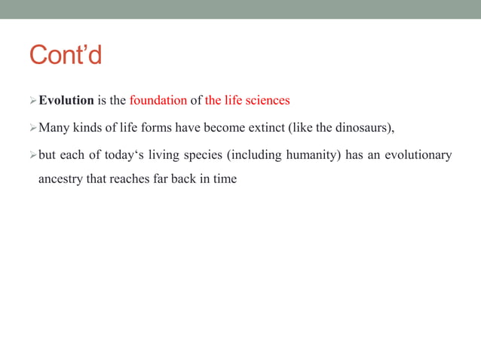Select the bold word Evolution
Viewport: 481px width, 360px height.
[66, 100]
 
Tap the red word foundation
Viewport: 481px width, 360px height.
[158, 100]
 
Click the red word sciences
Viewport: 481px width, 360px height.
[264, 100]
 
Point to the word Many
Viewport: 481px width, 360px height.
[54, 127]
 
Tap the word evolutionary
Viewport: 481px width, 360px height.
[418, 155]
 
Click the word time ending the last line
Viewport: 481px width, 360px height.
[225, 180]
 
